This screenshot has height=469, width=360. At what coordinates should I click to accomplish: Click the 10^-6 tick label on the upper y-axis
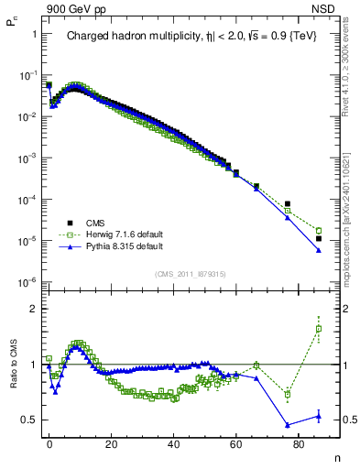click(26, 282)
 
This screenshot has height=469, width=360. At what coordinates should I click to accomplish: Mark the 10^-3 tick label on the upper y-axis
click(26, 158)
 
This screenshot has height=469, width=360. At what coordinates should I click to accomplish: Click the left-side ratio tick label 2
click(29, 309)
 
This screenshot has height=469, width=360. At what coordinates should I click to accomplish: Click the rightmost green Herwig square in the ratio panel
click(319, 329)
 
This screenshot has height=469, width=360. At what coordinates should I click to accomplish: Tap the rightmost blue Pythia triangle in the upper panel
click(319, 249)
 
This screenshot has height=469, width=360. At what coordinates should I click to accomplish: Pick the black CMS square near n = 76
click(288, 204)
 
